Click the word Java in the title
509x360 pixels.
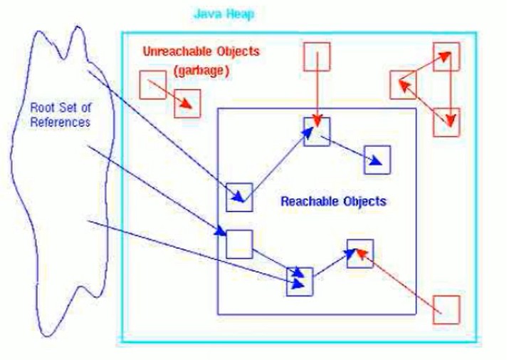(205, 14)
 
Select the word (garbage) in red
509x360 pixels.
(201, 71)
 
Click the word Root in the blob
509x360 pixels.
(41, 108)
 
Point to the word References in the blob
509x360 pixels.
(60, 123)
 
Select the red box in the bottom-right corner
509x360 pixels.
(446, 310)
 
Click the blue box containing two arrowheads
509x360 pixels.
(300, 282)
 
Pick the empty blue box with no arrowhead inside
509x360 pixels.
(239, 245)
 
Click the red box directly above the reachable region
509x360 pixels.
(317, 56)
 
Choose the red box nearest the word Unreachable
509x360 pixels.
(153, 85)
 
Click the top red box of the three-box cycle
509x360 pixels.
(446, 56)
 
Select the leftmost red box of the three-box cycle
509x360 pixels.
(403, 85)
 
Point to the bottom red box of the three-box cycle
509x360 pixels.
(446, 123)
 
